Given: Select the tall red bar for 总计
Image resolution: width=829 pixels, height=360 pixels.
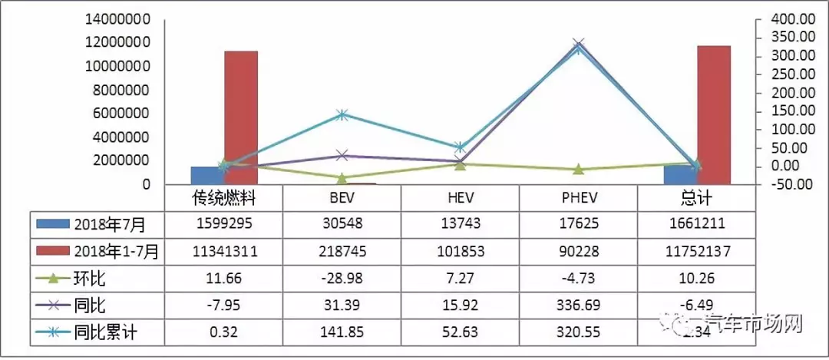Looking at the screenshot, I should [x=713, y=115].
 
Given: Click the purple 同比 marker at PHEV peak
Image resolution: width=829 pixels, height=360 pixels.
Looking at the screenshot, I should [x=579, y=45].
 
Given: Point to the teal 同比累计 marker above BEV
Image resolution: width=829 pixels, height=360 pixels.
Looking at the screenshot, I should [x=342, y=115].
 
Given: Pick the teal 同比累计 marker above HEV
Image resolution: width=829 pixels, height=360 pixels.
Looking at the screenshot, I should [x=460, y=147].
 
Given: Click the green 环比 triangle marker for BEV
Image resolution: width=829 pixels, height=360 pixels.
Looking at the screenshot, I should [x=342, y=178].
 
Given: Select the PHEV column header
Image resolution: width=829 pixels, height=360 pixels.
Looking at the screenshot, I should [x=579, y=199].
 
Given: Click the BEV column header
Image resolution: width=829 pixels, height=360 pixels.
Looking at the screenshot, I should [x=342, y=199].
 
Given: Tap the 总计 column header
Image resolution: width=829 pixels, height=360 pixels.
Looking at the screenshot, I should [x=697, y=199].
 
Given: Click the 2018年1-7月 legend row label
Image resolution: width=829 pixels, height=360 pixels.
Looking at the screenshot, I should [x=115, y=251].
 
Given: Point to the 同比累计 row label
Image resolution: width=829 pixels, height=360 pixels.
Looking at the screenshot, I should [x=107, y=334].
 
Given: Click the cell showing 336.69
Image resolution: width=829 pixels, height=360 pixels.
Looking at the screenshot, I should [x=579, y=306].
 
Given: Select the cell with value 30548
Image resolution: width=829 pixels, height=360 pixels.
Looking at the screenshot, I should [x=342, y=224].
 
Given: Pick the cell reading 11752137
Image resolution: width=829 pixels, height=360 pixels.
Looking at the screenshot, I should [x=697, y=251].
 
